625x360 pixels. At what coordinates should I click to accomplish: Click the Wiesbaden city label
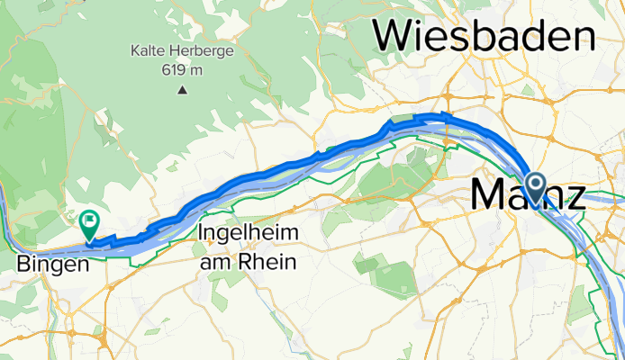(x=485, y=36)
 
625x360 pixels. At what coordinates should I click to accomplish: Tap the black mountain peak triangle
(x=183, y=89)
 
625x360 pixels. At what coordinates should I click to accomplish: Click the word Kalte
(x=150, y=50)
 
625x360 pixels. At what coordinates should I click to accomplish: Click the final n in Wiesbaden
(x=585, y=36)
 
